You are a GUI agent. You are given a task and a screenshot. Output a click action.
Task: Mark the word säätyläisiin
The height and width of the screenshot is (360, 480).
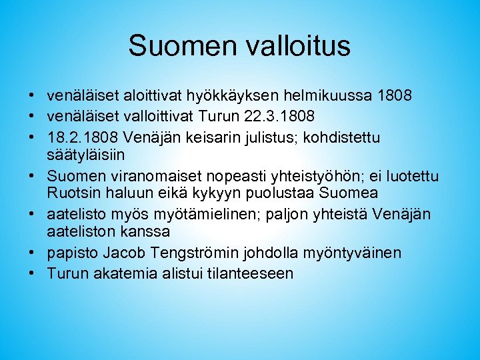86,154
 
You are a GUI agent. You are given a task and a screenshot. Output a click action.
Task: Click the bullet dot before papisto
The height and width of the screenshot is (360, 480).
32,253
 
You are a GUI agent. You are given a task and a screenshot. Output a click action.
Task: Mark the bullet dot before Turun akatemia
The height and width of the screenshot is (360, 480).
32,273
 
